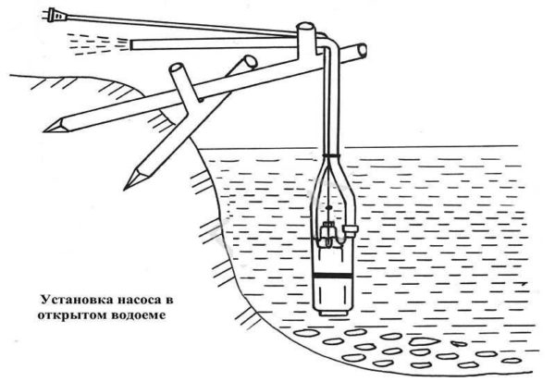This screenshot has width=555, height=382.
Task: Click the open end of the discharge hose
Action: tap(133, 43)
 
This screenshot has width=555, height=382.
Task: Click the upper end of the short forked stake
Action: tap(177, 69)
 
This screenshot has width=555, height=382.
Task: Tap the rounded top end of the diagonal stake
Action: tap(248, 61)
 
